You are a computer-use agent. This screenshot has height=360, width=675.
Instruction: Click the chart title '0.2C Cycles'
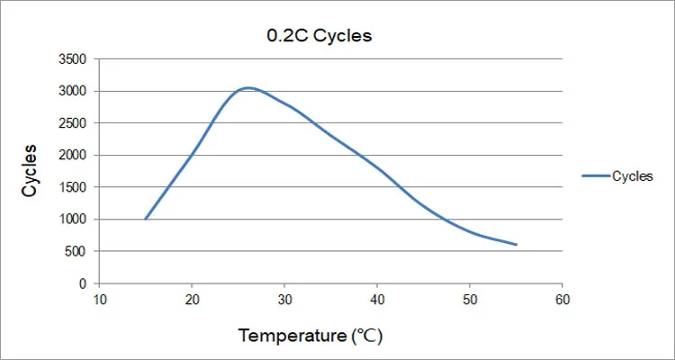319,37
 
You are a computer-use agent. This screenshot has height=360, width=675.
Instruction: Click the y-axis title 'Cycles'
30,170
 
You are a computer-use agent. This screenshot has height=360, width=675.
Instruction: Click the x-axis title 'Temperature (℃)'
310,337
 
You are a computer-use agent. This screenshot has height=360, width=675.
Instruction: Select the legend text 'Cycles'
633,176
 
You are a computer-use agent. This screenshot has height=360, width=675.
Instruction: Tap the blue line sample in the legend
596,176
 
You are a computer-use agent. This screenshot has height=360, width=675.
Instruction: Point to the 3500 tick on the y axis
72,59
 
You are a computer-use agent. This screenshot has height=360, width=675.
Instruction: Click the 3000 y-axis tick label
72,91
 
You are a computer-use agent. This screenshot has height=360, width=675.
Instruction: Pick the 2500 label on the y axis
72,123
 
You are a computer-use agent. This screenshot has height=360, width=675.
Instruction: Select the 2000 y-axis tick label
72,156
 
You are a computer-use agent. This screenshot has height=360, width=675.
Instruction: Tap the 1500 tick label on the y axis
72,187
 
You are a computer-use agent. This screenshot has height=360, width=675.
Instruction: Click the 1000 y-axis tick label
72,220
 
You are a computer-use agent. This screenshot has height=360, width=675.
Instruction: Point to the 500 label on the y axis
76,252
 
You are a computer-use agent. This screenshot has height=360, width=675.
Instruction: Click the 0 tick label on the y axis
83,283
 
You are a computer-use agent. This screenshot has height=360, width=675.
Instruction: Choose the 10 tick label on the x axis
99,300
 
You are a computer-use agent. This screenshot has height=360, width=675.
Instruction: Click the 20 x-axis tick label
192,300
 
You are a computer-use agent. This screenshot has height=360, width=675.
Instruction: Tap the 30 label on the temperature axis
284,300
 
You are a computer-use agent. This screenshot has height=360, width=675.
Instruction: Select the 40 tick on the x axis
377,300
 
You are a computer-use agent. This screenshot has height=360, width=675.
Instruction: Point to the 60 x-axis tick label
562,300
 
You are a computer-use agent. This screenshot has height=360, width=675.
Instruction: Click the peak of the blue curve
247,87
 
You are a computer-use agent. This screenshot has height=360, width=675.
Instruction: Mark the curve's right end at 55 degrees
517,245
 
